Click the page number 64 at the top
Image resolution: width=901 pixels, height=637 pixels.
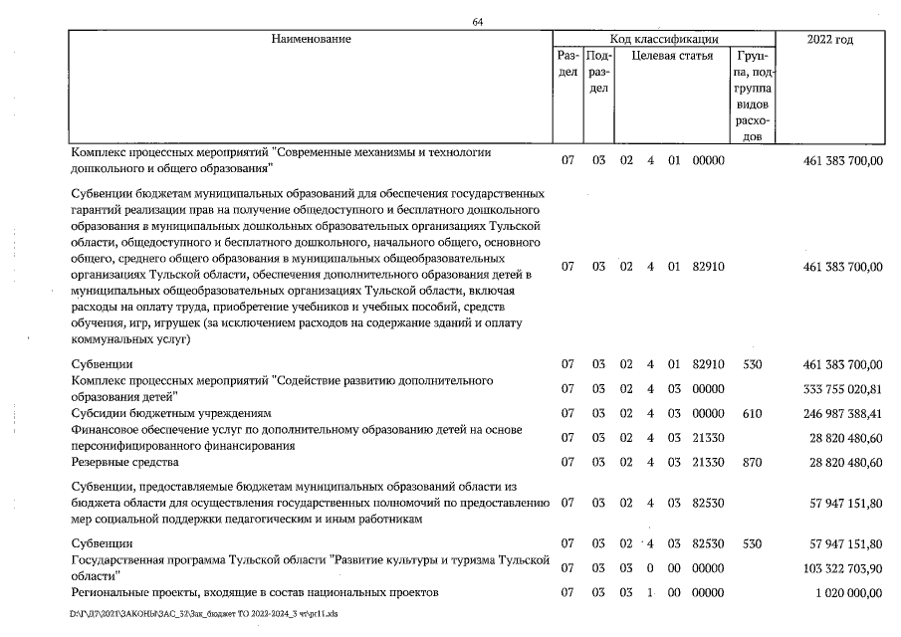click(478, 23)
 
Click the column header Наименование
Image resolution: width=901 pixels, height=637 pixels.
click(311, 39)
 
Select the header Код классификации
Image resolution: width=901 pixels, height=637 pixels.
click(664, 39)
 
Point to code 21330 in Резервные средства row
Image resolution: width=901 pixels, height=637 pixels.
click(708, 462)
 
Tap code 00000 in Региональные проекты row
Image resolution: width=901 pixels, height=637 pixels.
click(708, 592)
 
